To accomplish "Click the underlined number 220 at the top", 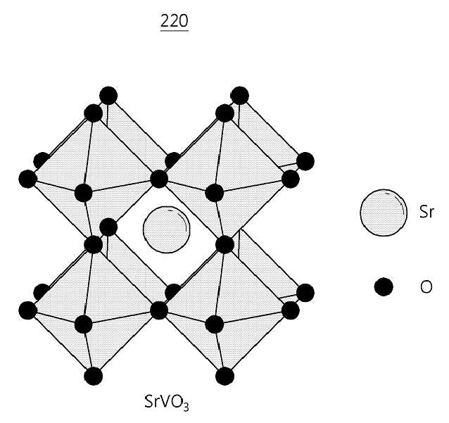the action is coord(174,22).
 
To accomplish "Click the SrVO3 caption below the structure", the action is coord(166,402).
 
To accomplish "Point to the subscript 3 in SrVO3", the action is coord(186,407).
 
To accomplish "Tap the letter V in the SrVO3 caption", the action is coord(165,401).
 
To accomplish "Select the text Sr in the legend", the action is coord(426,213).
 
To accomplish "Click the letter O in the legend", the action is coord(426,286).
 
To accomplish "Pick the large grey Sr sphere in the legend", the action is coord(384,213).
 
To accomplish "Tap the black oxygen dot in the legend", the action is coord(384,286).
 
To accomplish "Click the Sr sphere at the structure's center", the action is coord(166,229).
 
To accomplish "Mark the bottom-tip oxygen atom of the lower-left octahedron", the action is coord(94,376).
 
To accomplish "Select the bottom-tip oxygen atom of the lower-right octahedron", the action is coord(224,376).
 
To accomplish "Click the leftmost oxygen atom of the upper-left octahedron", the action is coord(27,179).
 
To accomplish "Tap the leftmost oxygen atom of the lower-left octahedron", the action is coord(27,310).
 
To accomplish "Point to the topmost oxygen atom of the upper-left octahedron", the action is coord(108,95).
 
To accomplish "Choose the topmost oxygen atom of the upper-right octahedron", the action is coord(240,95).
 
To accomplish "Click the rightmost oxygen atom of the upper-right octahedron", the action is coord(305,161).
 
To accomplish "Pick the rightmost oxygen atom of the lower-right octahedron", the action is coord(305,293).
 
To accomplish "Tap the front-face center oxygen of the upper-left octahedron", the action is coord(83,193).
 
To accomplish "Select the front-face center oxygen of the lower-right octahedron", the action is coord(215,324).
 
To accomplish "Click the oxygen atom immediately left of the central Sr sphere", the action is coord(108,227).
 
